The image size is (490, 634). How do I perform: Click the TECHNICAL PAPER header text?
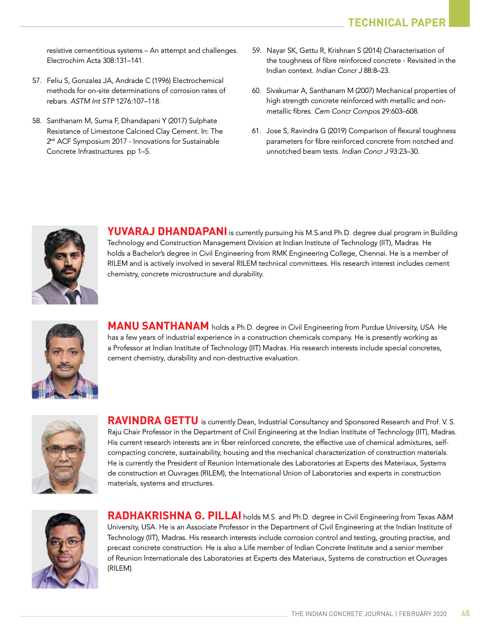coord(397,22)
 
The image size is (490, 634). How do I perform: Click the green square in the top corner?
coord(459,13)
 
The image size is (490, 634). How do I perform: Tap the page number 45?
coord(465,613)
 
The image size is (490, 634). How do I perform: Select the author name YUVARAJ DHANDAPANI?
coord(167,232)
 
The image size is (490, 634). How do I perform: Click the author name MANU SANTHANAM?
coord(158,326)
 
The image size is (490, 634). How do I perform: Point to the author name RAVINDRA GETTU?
coord(153,421)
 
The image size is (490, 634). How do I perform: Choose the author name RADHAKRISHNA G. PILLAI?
coord(174,516)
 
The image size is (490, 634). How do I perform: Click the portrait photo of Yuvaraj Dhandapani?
coord(65,265)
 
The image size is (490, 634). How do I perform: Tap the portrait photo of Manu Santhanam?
coord(65,360)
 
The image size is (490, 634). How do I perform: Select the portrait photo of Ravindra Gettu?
coord(65,454)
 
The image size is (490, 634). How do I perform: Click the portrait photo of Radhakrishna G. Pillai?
coord(65,549)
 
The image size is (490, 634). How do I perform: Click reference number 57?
coord(37,81)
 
